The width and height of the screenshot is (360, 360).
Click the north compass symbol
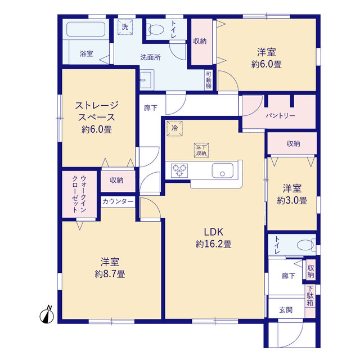(47, 315)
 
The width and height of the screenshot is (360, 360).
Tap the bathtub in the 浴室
(86, 29)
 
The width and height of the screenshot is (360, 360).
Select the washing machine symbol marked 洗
(125, 27)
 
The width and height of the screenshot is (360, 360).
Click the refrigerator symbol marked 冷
(175, 128)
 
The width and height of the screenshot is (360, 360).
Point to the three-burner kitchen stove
(179, 170)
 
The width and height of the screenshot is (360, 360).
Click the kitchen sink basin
(223, 170)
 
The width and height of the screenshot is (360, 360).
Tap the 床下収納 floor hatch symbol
(201, 150)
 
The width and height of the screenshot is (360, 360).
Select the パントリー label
(280, 115)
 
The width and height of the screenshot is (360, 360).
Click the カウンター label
(118, 201)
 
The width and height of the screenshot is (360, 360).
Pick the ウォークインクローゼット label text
(79, 194)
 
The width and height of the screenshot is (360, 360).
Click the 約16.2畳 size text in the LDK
(214, 244)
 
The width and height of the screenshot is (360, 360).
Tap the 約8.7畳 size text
(110, 274)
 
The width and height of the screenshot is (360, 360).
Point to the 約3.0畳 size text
(292, 200)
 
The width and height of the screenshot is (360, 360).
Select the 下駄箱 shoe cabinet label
(310, 295)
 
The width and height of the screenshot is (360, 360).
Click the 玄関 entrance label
(286, 310)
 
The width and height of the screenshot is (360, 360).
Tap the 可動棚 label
(209, 80)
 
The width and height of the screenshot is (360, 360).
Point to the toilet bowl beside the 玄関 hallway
(306, 245)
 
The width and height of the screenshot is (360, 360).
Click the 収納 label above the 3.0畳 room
(294, 144)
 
